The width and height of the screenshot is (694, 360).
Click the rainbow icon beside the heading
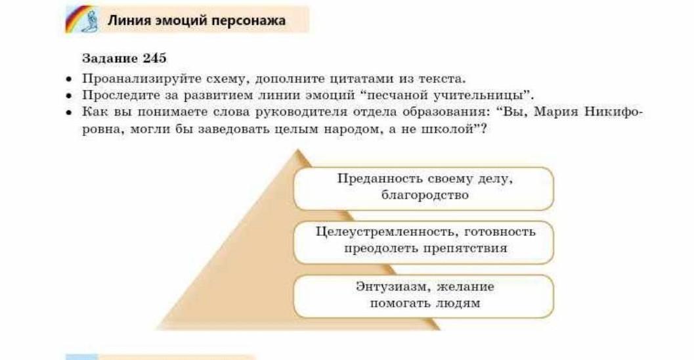click(82, 20)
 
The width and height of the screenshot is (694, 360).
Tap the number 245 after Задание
click(154, 58)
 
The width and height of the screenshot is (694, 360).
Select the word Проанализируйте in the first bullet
click(142, 79)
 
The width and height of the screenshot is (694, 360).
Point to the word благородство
click(425, 195)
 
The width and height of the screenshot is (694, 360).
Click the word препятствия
click(465, 248)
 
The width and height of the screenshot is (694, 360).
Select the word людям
click(458, 304)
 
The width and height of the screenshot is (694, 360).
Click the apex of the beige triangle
click(297, 150)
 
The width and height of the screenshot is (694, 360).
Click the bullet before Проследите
click(68, 96)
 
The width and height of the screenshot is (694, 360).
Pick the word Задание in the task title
click(110, 58)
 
